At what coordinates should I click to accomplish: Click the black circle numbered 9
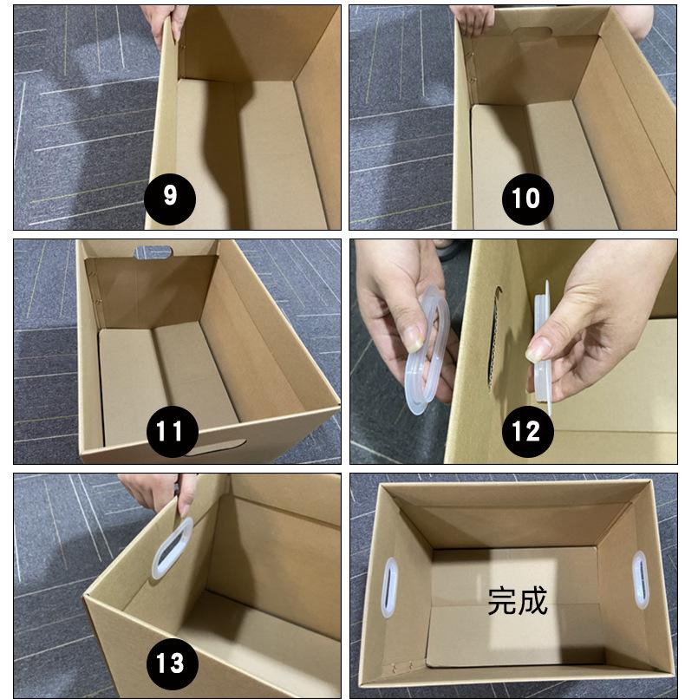click(x=170, y=199)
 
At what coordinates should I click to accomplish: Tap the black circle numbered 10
click(x=528, y=199)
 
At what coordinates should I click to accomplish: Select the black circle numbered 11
click(x=172, y=432)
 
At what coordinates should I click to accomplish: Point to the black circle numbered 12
click(x=528, y=432)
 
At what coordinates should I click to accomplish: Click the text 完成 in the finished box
click(x=517, y=601)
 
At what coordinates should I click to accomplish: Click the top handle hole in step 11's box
click(x=153, y=252)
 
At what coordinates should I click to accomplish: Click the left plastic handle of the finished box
click(x=389, y=587)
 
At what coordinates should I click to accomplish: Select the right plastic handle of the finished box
click(x=640, y=579)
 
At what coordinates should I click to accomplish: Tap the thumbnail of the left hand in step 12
click(x=414, y=338)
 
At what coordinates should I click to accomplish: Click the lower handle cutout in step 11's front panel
click(x=214, y=447)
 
